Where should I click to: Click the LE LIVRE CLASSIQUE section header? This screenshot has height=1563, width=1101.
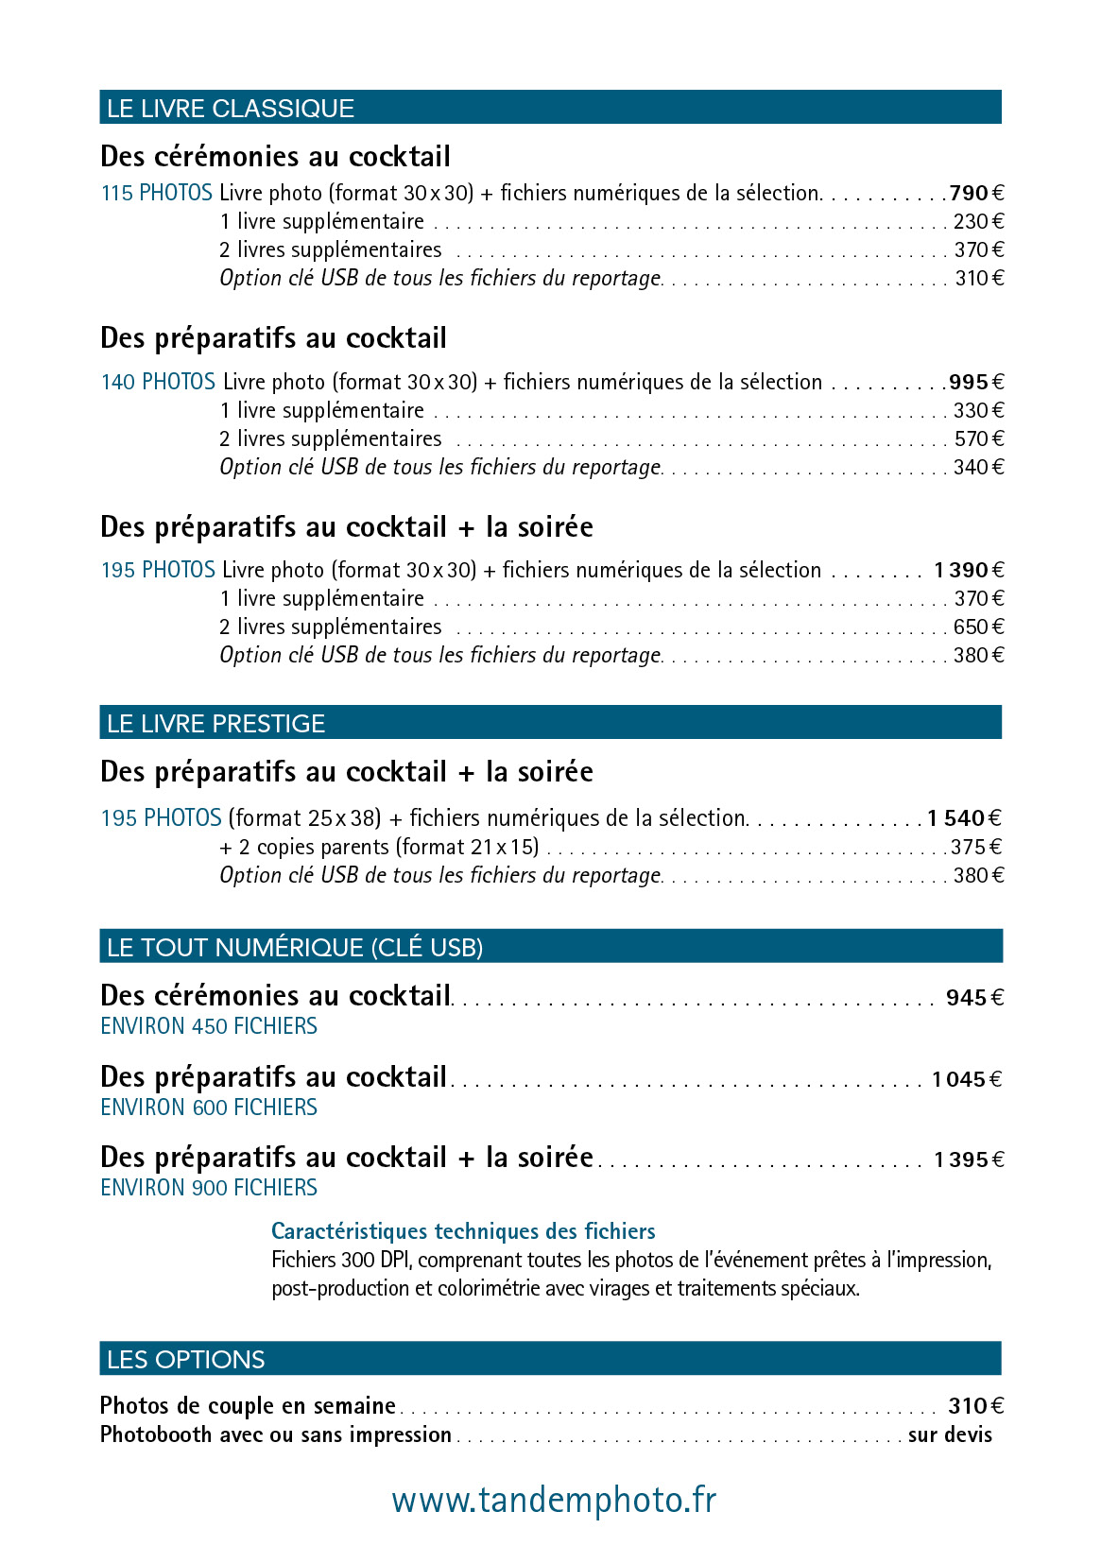(x=231, y=109)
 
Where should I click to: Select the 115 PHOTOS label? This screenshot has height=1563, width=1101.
(x=156, y=194)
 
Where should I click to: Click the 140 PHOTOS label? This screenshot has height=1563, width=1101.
(x=158, y=383)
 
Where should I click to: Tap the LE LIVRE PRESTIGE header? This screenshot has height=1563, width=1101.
(x=215, y=724)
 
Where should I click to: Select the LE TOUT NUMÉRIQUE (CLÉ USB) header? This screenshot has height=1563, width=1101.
(x=295, y=948)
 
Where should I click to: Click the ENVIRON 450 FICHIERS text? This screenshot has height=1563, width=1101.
(x=209, y=1026)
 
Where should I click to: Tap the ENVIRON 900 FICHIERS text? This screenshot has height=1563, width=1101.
(x=209, y=1188)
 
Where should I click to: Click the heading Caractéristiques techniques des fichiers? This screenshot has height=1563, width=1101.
(x=463, y=1231)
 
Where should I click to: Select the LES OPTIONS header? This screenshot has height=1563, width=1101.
(x=186, y=1360)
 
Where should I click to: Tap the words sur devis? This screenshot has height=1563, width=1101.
(x=950, y=1435)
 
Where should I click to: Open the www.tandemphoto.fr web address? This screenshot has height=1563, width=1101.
(x=554, y=1501)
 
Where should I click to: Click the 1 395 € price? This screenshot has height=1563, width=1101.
(x=969, y=1160)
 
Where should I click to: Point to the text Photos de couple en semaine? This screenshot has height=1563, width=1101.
(x=248, y=1406)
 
